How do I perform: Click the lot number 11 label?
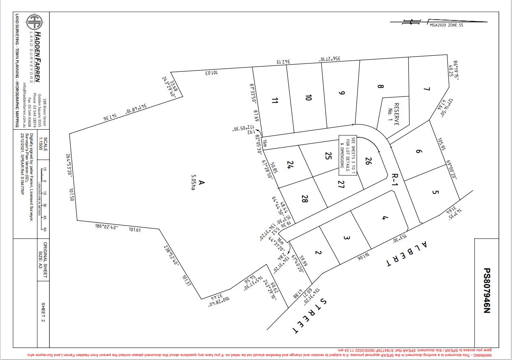(x=275, y=101)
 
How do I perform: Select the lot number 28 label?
(x=305, y=198)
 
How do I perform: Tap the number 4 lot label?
(x=384, y=218)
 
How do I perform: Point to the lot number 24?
(x=290, y=165)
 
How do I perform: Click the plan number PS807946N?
(x=487, y=291)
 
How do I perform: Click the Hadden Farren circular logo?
(x=34, y=22)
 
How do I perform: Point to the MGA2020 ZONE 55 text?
(x=446, y=25)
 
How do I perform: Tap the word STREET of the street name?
(x=310, y=316)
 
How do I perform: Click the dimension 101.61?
(x=135, y=230)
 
